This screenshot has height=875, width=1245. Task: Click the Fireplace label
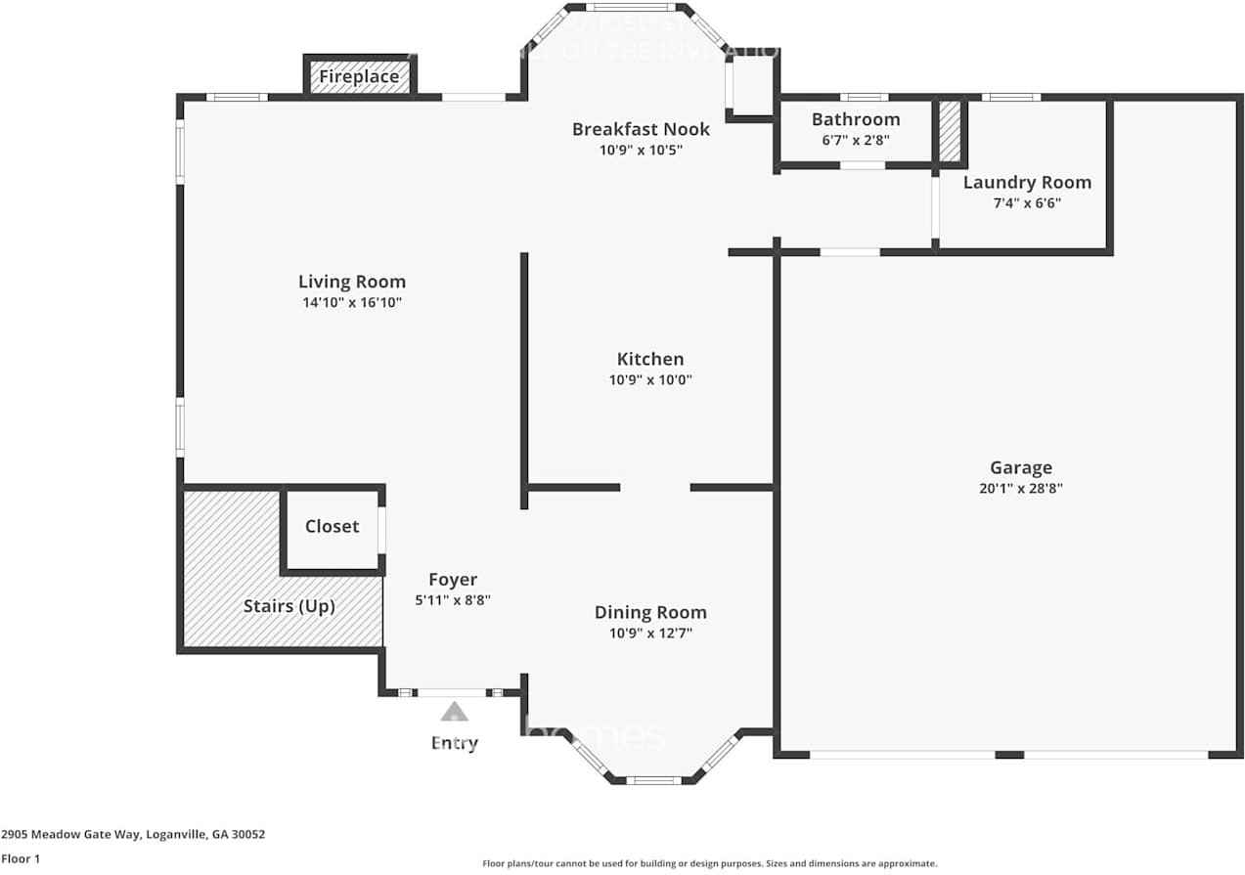(359, 76)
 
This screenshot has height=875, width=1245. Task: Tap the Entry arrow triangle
(454, 712)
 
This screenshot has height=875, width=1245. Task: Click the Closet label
(333, 526)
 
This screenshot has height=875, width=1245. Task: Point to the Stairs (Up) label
(289, 606)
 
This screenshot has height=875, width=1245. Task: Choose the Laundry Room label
(1027, 183)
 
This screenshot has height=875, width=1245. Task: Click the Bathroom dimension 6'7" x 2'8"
(856, 140)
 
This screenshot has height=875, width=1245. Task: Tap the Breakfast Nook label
(641, 129)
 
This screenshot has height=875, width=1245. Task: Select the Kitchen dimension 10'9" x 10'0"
(650, 380)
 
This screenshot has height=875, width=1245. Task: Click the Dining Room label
(650, 613)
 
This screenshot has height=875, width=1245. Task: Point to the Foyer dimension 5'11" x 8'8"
(453, 600)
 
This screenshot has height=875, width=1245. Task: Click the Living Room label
(352, 283)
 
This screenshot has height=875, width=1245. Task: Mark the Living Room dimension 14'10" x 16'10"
(352, 303)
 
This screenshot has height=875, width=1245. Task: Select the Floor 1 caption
(22, 859)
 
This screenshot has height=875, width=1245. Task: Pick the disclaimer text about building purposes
(710, 863)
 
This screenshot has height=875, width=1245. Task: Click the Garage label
(1020, 468)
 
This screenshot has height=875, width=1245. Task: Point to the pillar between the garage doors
(1009, 755)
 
